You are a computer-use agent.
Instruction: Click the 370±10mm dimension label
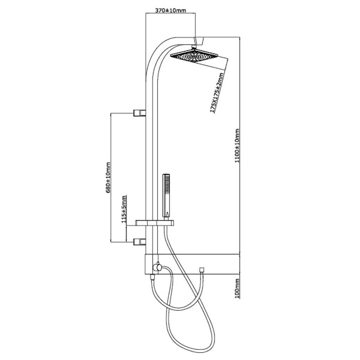coord(170,10)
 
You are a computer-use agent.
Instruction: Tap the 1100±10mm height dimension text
coord(237,146)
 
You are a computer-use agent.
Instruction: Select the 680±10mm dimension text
coord(109,178)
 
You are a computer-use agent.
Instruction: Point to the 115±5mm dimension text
coord(124,209)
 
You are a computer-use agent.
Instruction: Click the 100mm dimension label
coord(237,289)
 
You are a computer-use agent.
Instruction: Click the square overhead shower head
coord(194,55)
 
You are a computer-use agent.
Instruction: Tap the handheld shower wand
coord(166,196)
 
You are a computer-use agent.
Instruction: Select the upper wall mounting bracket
coord(140,113)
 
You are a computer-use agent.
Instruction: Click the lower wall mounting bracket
coord(140,242)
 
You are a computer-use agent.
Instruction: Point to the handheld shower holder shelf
coord(155,223)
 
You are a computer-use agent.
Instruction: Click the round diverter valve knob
coord(158,267)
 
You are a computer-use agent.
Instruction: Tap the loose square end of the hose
coord(202,270)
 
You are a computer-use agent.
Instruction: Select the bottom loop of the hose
coord(191,347)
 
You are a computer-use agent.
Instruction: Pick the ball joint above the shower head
coord(194,47)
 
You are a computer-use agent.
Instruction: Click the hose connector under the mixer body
coord(152,277)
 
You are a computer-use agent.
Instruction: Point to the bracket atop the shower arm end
coord(199,40)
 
